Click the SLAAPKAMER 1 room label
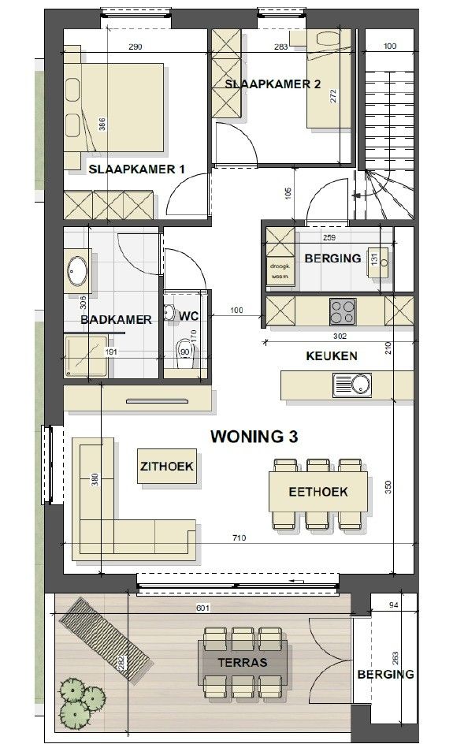click(x=136, y=169)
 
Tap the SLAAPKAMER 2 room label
click(x=272, y=84)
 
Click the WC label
click(x=188, y=315)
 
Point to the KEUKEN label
click(x=331, y=356)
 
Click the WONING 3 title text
click(x=254, y=436)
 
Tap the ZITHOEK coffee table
click(x=167, y=467)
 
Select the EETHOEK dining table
click(x=318, y=493)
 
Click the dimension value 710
click(x=239, y=538)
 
